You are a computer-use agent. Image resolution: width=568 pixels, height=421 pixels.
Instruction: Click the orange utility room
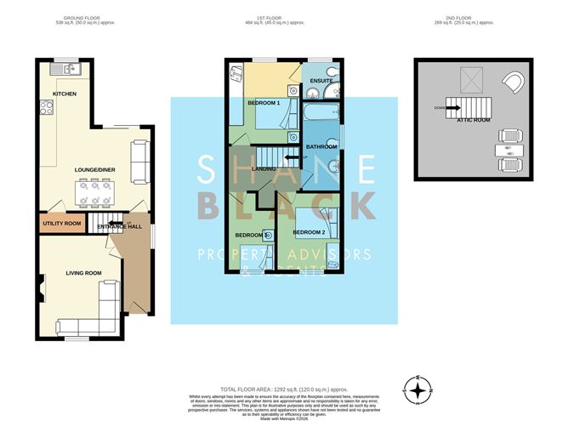pos(60,224)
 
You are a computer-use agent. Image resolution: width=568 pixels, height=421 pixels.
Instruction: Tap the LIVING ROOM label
pos(84,273)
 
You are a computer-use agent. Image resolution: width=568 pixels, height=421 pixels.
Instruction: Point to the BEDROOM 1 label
pos(264,103)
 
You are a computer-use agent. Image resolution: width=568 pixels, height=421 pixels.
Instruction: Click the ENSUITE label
pos(321,82)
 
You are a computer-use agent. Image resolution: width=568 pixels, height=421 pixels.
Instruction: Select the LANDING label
pos(264,169)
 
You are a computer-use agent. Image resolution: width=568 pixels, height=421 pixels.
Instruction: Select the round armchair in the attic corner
pos(514,82)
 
